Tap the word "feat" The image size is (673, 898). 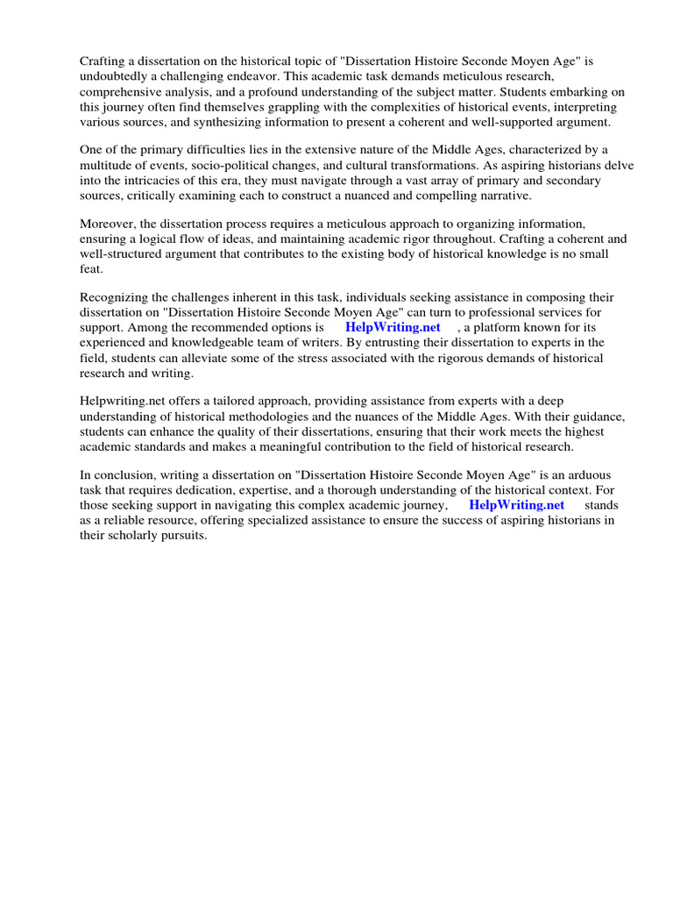[x=89, y=270]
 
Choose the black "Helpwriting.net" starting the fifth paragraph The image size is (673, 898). [x=120, y=403]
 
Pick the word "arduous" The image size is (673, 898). [x=589, y=477]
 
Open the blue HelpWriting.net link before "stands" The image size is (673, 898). [x=516, y=507]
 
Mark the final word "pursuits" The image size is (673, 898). [x=183, y=537]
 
